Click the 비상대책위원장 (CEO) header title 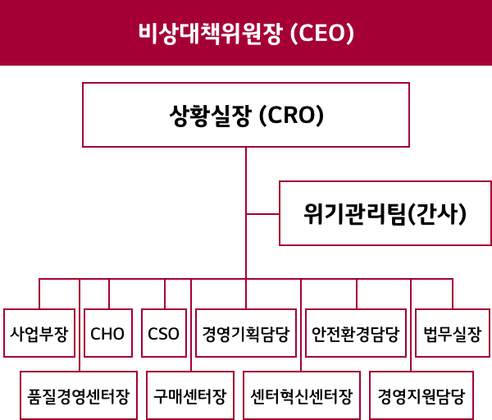(x=246, y=33)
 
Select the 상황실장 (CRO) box (x=246, y=115)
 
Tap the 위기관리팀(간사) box (x=385, y=213)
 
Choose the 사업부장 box (x=39, y=333)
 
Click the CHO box (x=108, y=333)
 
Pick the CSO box (x=164, y=333)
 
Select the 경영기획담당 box (x=246, y=333)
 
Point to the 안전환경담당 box (x=356, y=333)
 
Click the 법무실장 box (x=453, y=333)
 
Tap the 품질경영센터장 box (x=79, y=395)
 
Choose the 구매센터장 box (x=190, y=395)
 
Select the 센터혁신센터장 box (x=302, y=395)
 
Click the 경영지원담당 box (x=421, y=395)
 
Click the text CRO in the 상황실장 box (x=291, y=115)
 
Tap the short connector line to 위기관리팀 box (x=262, y=214)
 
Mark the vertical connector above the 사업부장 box (x=39, y=294)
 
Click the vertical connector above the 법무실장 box (x=453, y=294)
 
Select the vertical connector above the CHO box (x=109, y=294)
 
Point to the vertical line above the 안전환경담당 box (x=357, y=294)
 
